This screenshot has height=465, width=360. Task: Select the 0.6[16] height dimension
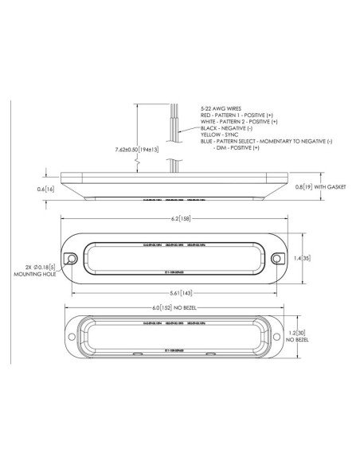click(x=45, y=190)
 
